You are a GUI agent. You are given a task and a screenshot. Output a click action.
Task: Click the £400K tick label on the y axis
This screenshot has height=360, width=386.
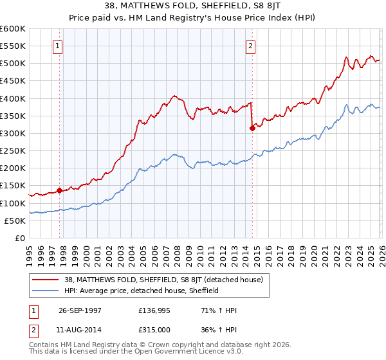[13, 98]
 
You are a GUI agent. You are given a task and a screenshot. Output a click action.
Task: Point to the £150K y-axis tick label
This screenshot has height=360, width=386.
[13, 186]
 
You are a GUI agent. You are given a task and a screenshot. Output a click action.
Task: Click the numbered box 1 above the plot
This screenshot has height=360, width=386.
[59, 46]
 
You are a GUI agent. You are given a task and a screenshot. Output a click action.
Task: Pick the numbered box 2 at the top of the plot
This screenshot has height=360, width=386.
[250, 46]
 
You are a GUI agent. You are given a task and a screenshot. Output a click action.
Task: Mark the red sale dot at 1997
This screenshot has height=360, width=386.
[60, 190]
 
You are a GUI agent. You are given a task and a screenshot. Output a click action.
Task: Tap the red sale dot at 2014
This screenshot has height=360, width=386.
[252, 128]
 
